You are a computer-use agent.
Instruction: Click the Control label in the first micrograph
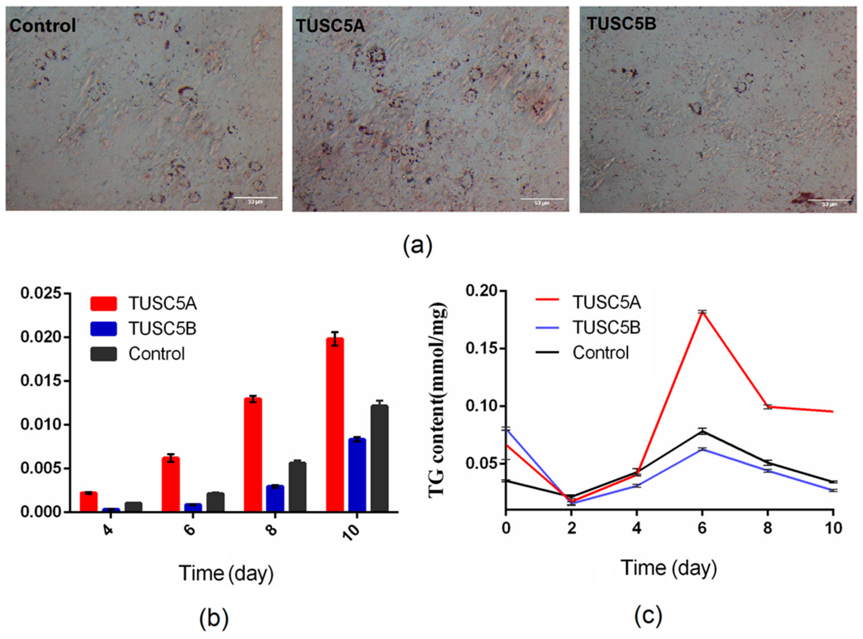point(42,26)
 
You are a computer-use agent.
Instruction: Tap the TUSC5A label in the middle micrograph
point(330,26)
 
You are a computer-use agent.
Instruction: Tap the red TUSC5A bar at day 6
point(170,484)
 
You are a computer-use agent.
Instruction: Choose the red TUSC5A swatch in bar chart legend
point(103,304)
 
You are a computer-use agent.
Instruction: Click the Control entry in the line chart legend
point(600,352)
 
